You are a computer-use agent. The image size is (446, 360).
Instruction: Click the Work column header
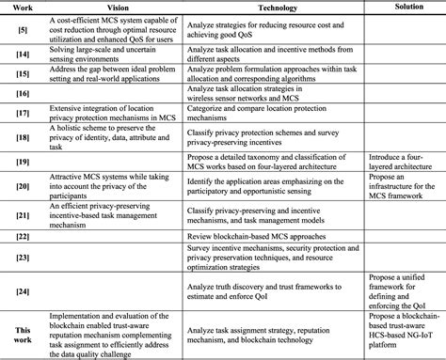pyautogui.click(x=21, y=7)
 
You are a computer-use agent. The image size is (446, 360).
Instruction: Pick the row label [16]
pyautogui.click(x=21, y=94)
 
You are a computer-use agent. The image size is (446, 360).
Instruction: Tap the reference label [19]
pyautogui.click(x=21, y=161)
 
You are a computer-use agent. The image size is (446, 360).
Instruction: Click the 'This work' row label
pyautogui.click(x=21, y=330)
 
